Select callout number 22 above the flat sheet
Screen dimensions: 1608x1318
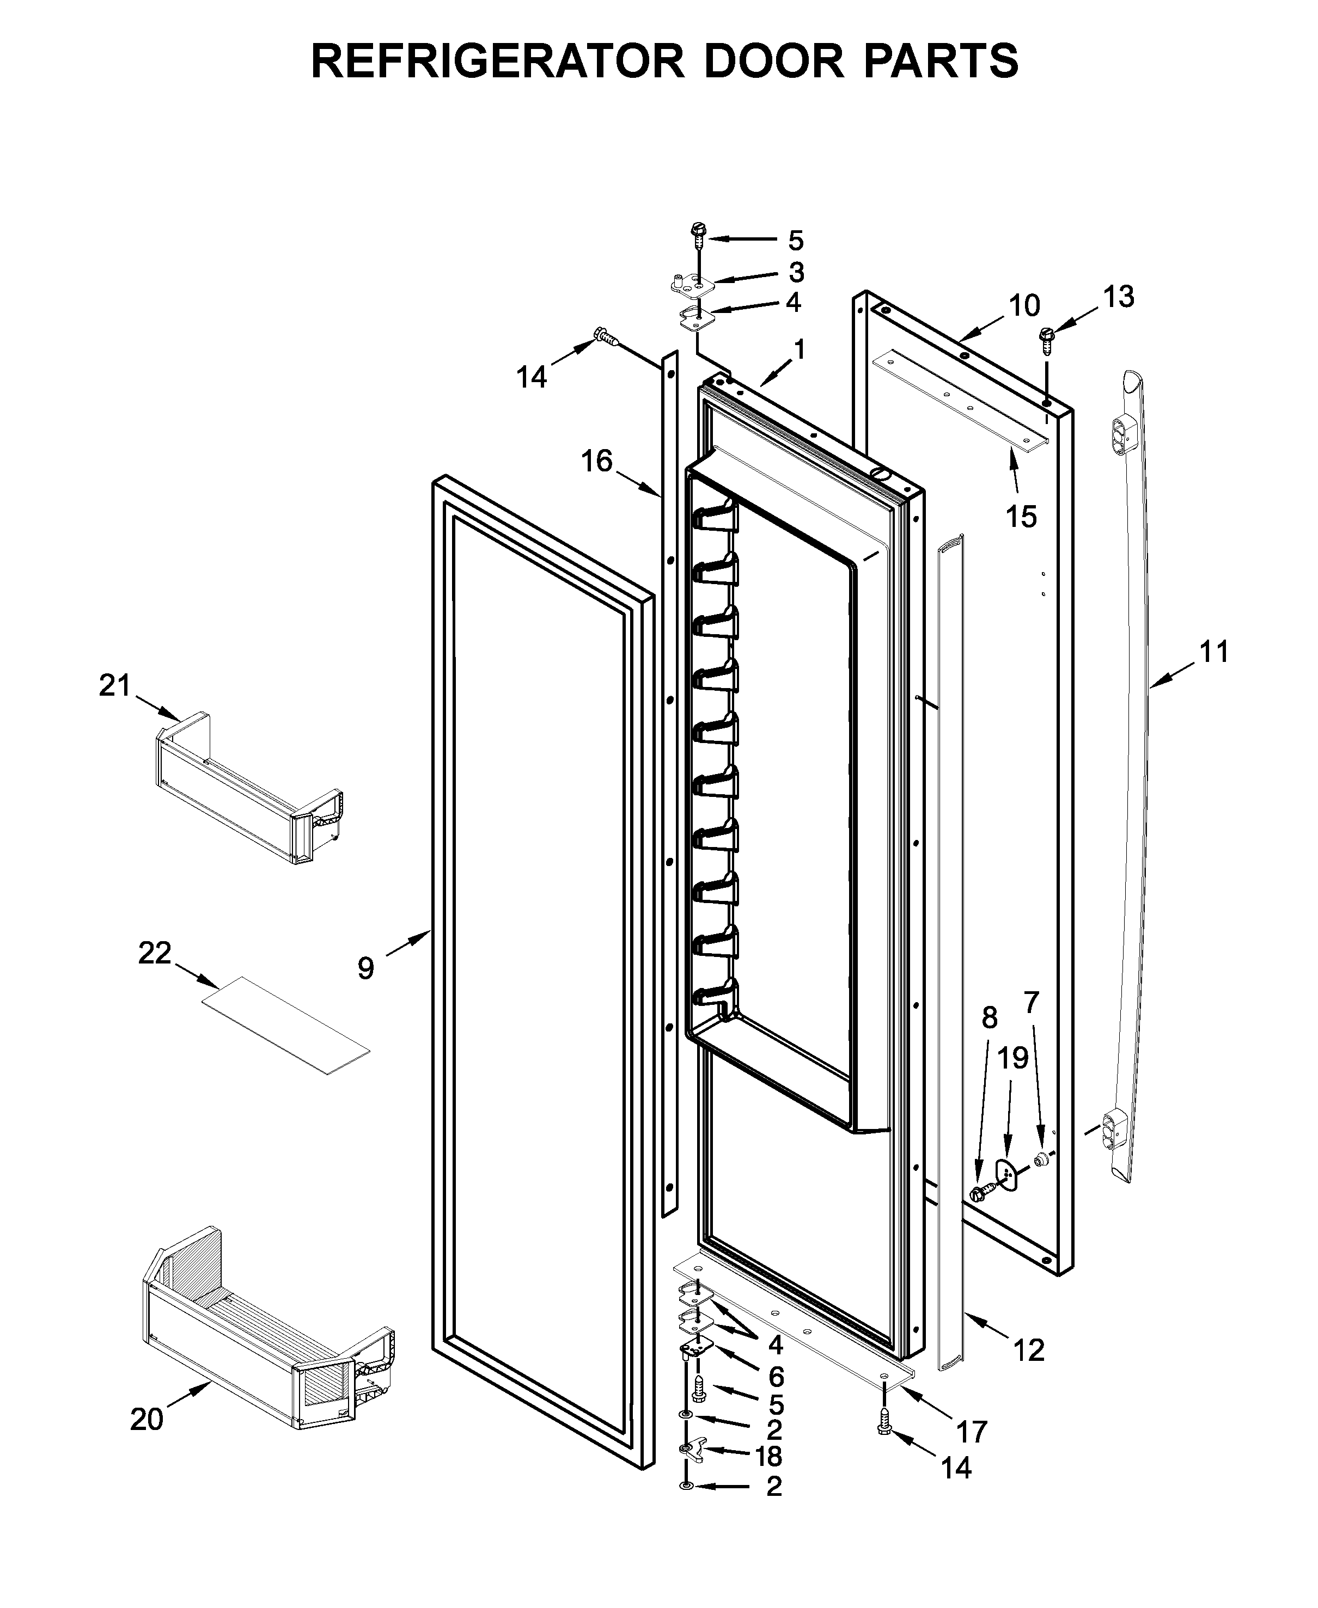154,953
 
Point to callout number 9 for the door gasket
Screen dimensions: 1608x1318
366,968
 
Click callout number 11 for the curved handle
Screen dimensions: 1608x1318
1213,652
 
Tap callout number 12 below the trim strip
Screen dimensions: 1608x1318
1029,1350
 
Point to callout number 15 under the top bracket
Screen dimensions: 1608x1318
1021,517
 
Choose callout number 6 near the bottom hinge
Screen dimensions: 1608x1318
775,1376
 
